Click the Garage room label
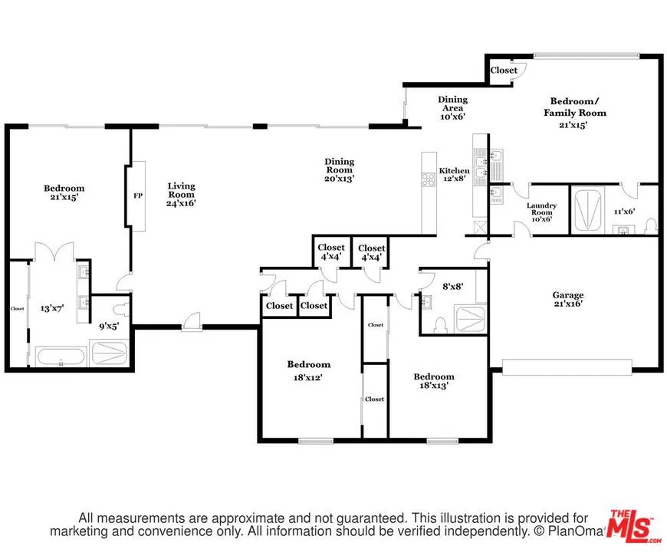[568, 299]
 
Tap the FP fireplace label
[138, 195]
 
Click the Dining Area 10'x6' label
[452, 108]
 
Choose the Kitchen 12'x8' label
[454, 175]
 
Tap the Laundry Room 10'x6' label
[541, 212]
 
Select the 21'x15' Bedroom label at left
[64, 192]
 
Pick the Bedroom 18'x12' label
[309, 370]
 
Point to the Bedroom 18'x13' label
[434, 381]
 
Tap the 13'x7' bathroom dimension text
[53, 308]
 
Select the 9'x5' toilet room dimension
[108, 325]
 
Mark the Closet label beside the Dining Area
[504, 71]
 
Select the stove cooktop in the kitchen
[429, 181]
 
